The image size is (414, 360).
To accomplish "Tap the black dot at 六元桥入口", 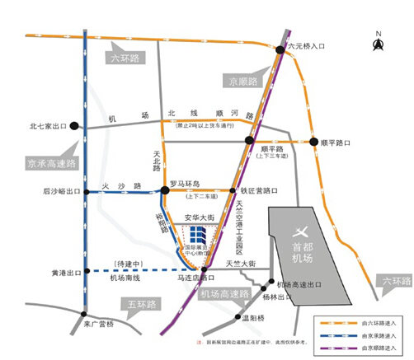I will [280, 50].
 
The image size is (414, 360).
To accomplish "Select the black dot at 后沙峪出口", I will [85, 190].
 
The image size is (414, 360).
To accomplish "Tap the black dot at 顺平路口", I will [314, 142].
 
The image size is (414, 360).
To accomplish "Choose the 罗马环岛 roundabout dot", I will [165, 190].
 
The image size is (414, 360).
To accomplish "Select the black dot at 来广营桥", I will [85, 314].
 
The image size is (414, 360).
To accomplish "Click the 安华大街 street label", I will [199, 217].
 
